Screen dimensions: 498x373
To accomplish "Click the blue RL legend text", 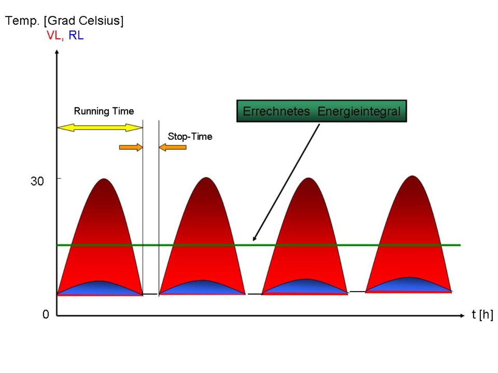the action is tap(76, 35).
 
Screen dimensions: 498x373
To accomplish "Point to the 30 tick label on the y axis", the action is tap(37, 181).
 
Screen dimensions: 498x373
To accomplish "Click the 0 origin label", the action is tap(46, 314).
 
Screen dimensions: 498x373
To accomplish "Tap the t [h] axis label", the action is tap(482, 315).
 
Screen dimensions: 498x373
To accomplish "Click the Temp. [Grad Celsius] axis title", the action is tap(64, 21).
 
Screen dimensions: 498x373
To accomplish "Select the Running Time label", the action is tap(104, 111).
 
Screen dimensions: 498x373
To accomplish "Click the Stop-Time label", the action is tap(190, 136).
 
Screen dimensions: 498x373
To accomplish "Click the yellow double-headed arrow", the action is tap(100, 128).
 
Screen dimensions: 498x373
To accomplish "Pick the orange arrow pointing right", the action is tap(131, 147).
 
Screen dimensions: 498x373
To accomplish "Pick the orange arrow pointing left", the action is tap(173, 147).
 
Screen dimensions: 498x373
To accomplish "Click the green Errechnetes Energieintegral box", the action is tap(321, 111).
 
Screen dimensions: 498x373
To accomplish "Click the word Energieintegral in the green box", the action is tap(359, 112).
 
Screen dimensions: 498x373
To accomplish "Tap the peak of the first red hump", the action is tap(104, 179).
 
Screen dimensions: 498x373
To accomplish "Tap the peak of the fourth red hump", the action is tap(412, 176).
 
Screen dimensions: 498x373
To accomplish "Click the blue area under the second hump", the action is tap(202, 287).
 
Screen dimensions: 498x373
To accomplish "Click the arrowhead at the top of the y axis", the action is tap(57, 52).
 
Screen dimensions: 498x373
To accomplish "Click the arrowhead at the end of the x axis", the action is tap(462, 315).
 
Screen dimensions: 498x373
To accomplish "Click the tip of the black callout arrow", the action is tap(253, 241).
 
